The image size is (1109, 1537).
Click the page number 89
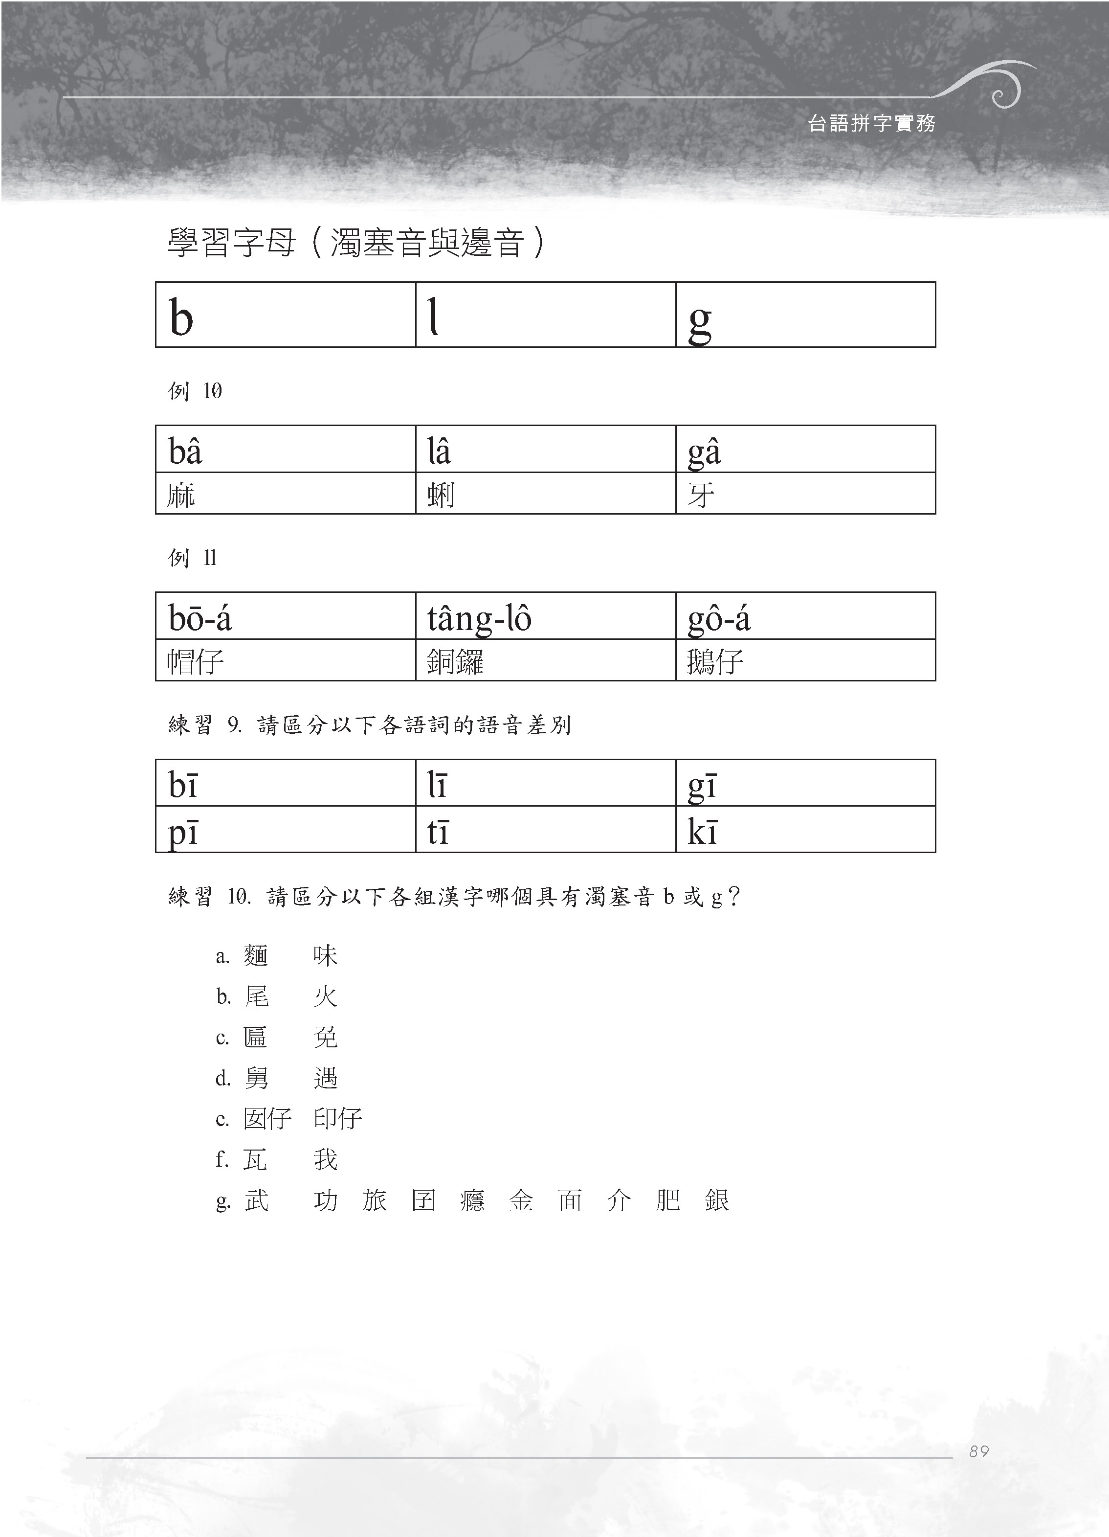coord(978,1451)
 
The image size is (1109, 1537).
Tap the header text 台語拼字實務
coord(871,123)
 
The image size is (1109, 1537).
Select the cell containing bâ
coord(285,449)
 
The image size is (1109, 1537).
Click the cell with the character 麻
coord(285,494)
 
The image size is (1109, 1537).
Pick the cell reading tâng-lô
coord(545,616)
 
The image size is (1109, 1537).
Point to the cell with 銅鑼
coord(545,660)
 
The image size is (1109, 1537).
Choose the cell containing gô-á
coord(805,616)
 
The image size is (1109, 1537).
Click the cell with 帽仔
coord(285,660)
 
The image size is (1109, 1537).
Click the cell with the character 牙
coord(805,494)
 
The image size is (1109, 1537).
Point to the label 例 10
coord(195,391)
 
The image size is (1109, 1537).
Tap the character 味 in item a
coord(325,955)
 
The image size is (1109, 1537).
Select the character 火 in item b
coord(325,996)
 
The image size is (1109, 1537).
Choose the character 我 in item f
coord(325,1159)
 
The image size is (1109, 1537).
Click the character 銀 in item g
coord(716,1200)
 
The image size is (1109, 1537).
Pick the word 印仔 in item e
coord(337,1118)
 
